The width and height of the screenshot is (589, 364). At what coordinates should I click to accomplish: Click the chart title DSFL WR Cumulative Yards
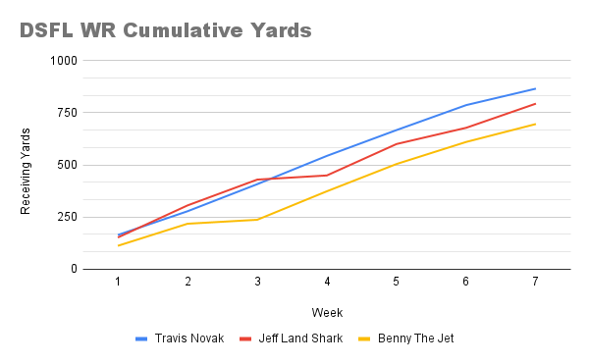click(165, 30)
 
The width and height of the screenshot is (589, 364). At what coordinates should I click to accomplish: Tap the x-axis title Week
click(327, 312)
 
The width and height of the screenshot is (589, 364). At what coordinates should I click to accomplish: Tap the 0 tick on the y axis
click(72, 269)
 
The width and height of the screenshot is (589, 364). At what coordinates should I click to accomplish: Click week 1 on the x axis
click(118, 283)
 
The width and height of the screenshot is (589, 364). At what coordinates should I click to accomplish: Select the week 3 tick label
click(257, 283)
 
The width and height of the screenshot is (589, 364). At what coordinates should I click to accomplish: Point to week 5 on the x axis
click(397, 283)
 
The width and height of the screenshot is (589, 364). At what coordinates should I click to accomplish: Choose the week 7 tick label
click(535, 283)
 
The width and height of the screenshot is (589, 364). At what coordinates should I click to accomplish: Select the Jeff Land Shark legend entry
click(292, 338)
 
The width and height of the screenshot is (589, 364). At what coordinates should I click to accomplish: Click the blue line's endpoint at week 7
click(535, 88)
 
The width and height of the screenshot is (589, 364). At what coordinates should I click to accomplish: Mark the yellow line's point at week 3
click(257, 219)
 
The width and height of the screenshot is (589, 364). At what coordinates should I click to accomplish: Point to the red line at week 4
click(327, 175)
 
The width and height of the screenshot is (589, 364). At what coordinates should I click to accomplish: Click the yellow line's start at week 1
click(118, 245)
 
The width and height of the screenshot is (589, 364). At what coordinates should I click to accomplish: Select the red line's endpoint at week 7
click(535, 103)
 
